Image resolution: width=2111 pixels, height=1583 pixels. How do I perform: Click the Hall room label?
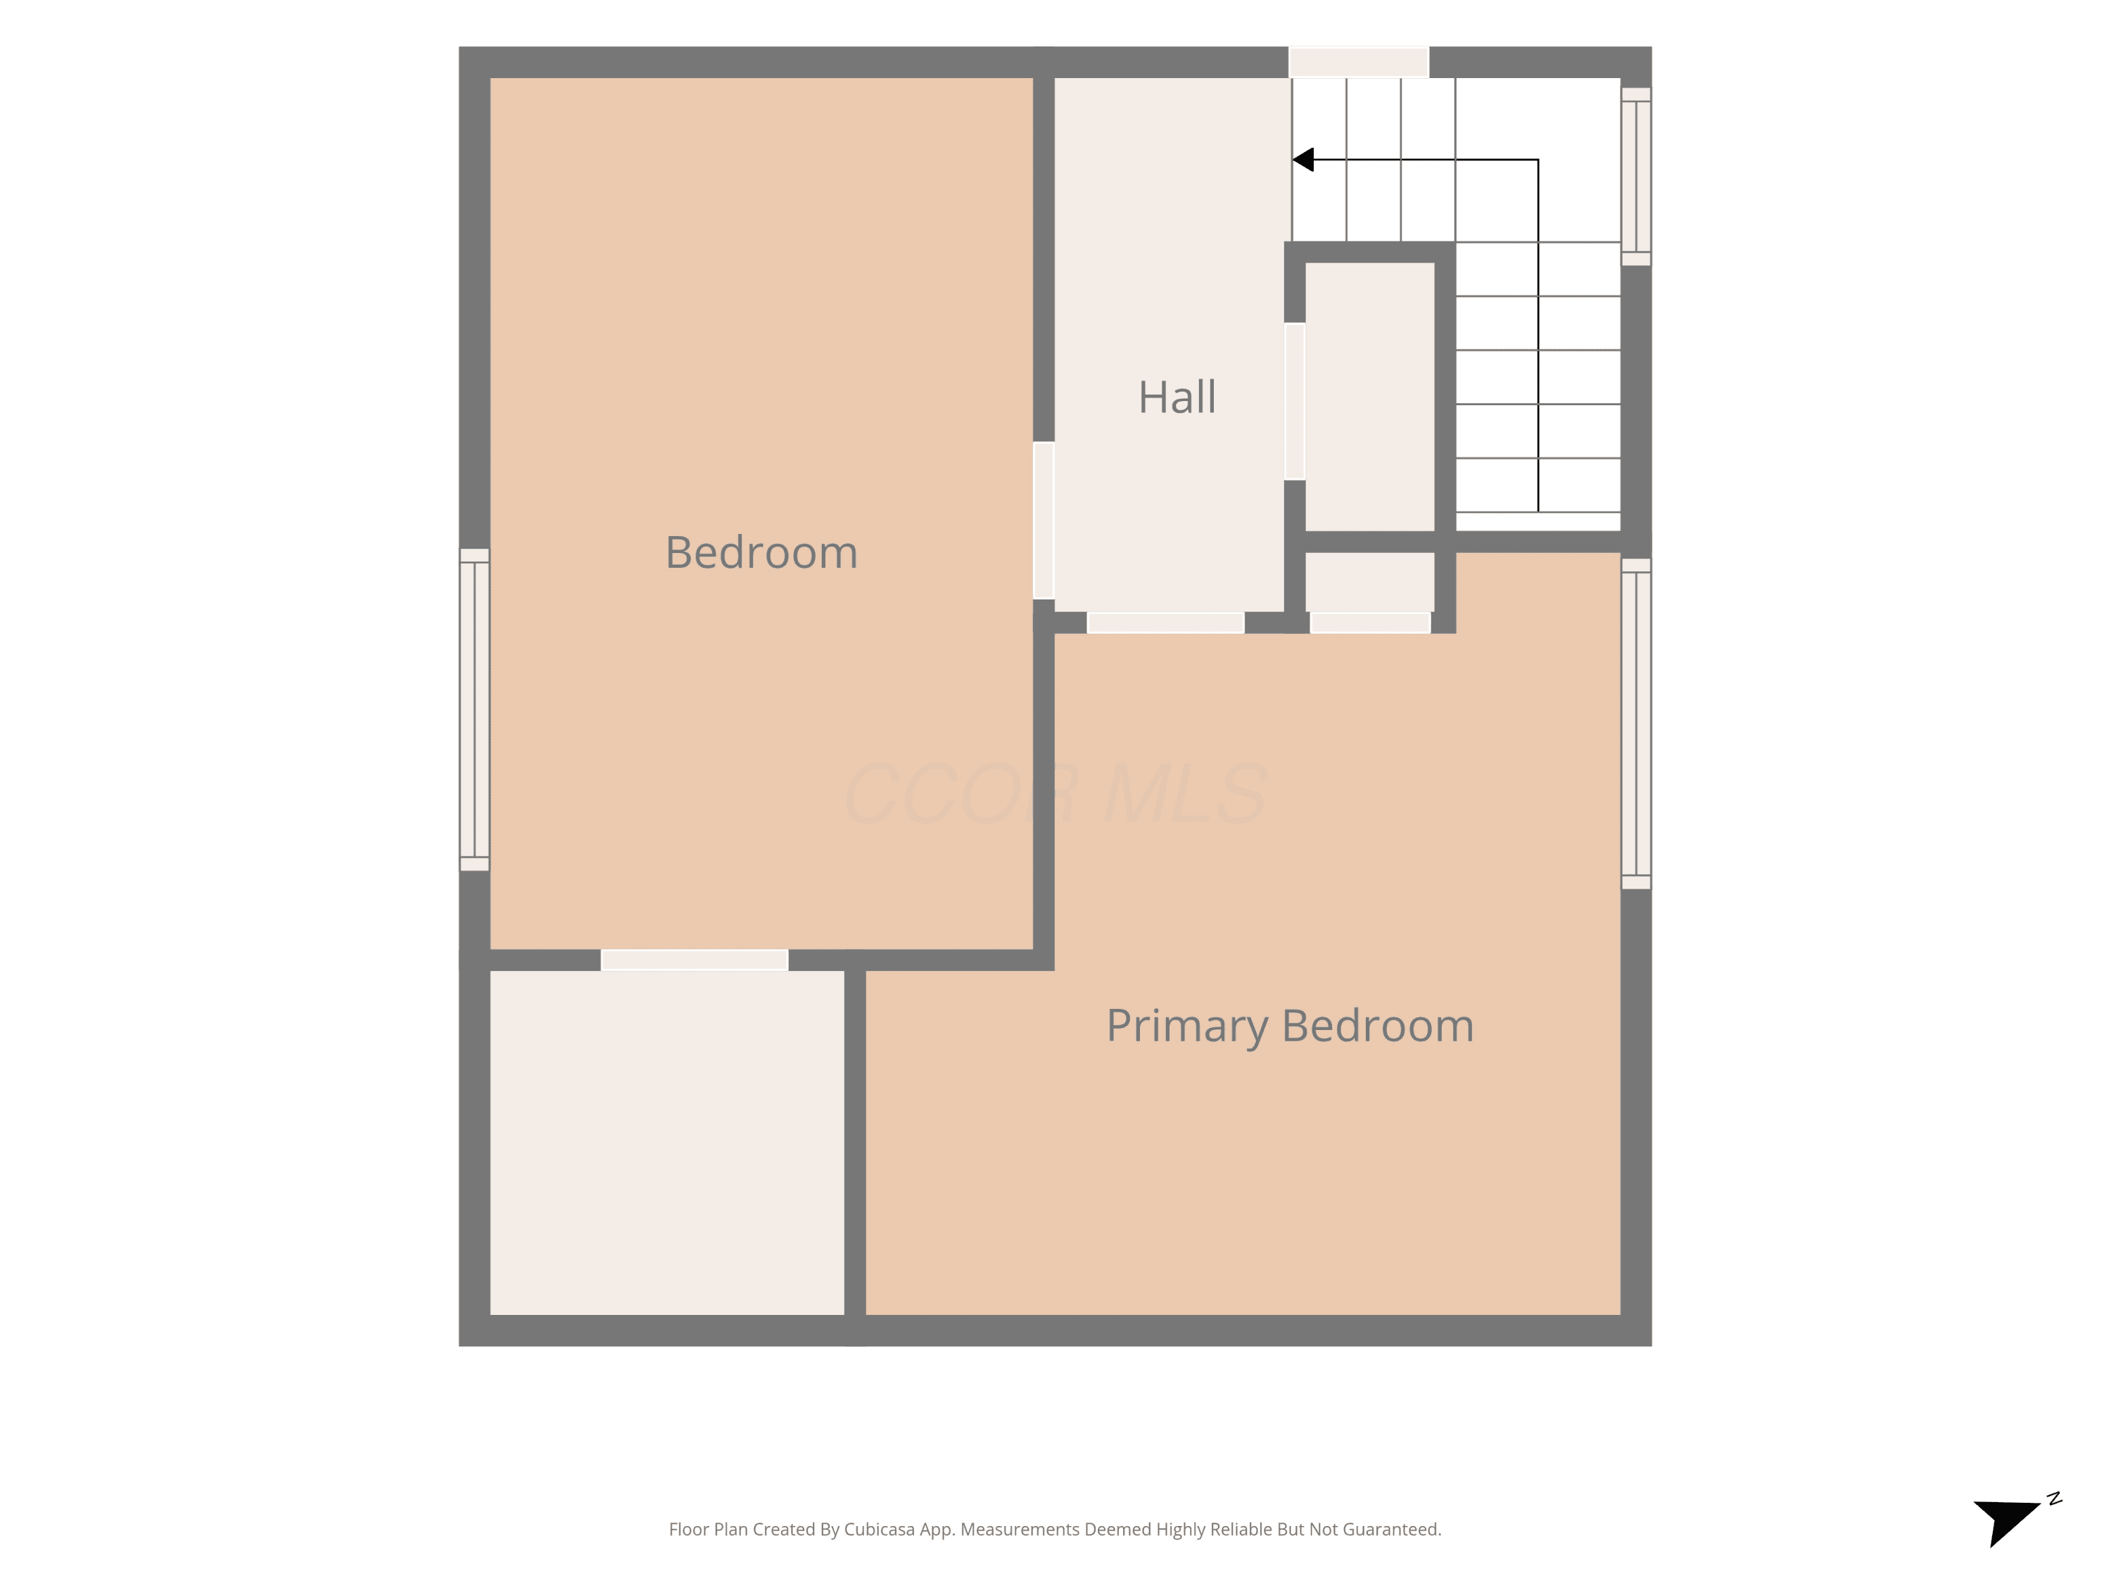[1177, 397]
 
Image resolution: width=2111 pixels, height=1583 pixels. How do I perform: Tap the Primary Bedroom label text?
[1291, 1026]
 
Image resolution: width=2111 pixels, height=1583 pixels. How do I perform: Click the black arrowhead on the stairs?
[1304, 159]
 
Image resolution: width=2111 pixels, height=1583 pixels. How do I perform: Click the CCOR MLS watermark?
[1055, 794]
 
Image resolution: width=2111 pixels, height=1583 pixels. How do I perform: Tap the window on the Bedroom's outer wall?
[474, 710]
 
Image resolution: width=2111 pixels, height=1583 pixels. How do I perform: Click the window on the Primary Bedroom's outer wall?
[1636, 724]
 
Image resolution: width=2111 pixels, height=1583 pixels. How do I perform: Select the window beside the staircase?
[1636, 177]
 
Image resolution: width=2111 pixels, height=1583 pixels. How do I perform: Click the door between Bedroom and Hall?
[1044, 520]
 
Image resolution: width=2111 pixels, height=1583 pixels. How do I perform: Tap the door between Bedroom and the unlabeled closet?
[695, 960]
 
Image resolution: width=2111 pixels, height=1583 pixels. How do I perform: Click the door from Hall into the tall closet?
[1294, 402]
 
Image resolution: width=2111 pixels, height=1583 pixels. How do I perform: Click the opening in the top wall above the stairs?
[1359, 62]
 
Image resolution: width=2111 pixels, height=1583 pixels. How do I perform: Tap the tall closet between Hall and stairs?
[1369, 397]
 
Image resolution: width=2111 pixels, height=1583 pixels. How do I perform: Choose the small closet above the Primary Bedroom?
[1369, 582]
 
